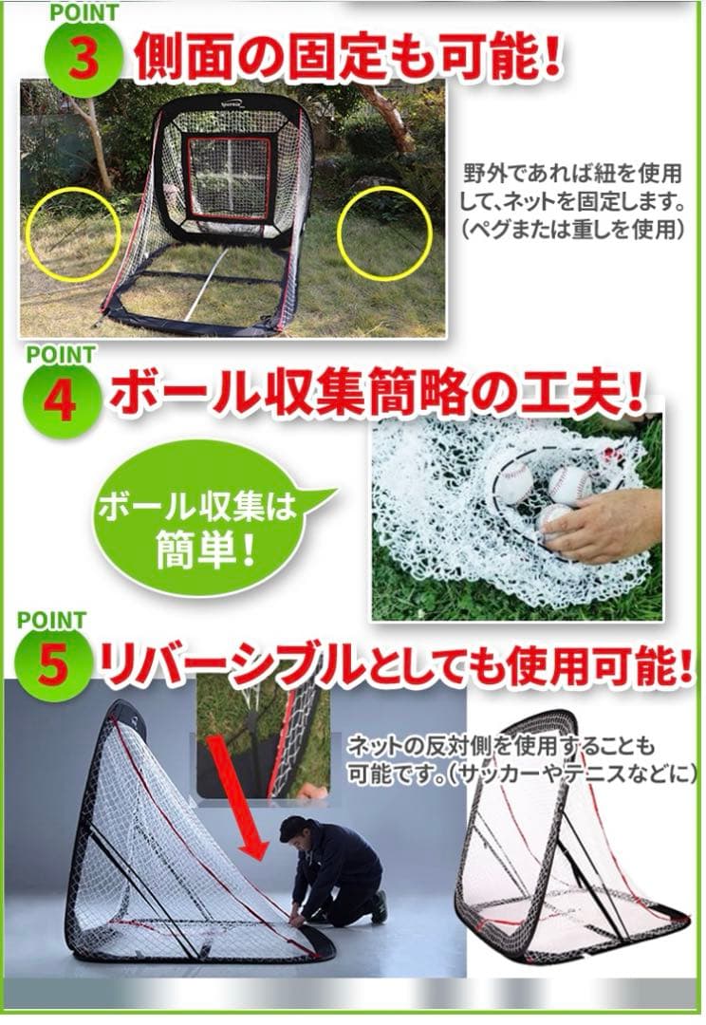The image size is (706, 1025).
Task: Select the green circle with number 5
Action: click(55, 666)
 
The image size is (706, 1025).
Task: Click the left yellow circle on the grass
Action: click(73, 233)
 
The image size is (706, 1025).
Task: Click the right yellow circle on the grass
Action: click(384, 233)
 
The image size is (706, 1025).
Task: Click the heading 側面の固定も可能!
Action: click(346, 59)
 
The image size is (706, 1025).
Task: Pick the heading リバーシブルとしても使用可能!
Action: click(393, 666)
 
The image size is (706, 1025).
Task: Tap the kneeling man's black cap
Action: click(292, 828)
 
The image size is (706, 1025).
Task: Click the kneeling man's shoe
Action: click(379, 908)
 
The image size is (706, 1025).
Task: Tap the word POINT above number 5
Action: click(51, 621)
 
